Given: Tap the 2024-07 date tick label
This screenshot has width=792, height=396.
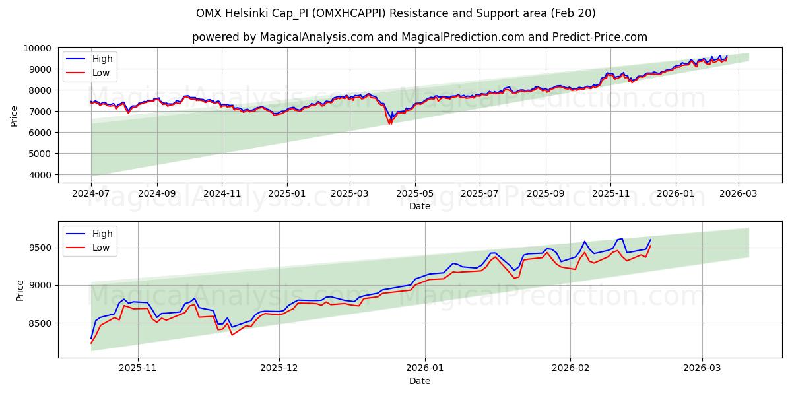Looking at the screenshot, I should [92, 193].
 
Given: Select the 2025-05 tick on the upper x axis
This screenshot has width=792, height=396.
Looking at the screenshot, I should [415, 193].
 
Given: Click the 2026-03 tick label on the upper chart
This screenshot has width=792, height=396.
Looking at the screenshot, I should [739, 193].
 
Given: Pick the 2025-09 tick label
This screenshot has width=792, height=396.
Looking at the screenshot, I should [546, 193].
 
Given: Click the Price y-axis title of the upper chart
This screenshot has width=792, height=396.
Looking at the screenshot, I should [15, 115].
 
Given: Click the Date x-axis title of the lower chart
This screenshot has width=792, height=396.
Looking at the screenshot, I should [420, 381].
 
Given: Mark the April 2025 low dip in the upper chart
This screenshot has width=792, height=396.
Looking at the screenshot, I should [390, 123].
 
